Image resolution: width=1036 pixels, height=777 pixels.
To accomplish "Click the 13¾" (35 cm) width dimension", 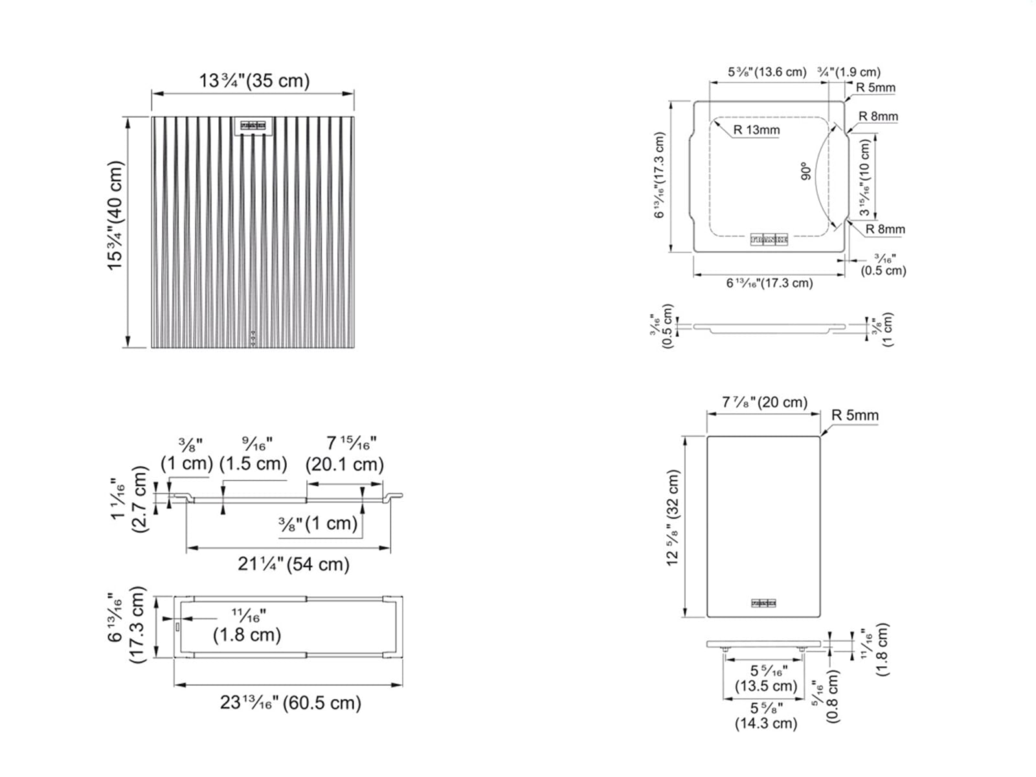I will point(254,81).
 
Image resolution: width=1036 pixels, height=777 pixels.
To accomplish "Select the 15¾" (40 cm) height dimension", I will point(115,216).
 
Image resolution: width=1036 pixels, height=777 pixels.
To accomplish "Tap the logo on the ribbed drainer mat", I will point(253,126).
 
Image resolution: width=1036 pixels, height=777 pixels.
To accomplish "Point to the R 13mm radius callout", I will point(756,130).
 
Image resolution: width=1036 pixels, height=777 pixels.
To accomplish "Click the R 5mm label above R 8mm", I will point(875,87).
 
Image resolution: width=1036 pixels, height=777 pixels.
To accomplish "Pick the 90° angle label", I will point(805,172).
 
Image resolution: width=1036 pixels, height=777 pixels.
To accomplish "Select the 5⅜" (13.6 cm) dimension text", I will point(767,72).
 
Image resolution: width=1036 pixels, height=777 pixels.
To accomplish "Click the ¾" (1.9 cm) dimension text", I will point(849,72).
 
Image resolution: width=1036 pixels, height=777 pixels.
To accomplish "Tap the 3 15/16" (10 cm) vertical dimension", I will point(865,178).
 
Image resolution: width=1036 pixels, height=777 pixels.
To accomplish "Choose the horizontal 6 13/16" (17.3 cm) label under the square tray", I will point(769,283).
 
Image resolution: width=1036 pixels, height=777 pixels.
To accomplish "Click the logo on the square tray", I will point(769,240).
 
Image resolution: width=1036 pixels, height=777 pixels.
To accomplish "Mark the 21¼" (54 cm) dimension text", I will point(293,564).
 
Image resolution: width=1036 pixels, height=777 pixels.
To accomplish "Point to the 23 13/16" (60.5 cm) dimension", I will point(291,703).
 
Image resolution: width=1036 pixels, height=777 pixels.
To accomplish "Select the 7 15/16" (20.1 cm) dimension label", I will point(345,454).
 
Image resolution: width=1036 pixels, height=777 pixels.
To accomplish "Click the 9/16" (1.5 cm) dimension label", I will point(253,454).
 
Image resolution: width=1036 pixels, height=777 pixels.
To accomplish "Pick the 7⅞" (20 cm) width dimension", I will point(765,402).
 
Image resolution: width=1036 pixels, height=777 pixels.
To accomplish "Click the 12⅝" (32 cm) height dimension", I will point(673,518).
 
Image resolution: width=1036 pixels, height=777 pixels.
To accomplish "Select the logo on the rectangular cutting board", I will point(763,603).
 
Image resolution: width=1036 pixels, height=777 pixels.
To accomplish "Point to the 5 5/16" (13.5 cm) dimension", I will point(766,679).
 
